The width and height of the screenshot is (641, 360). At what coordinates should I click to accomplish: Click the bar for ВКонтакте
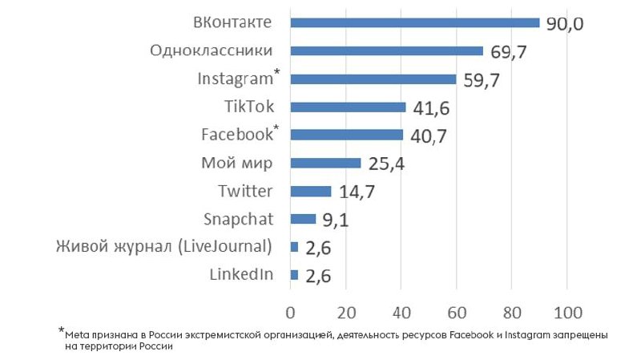(415, 22)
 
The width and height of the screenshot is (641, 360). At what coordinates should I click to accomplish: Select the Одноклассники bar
(387, 51)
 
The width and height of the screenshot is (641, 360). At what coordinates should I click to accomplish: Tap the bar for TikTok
(348, 107)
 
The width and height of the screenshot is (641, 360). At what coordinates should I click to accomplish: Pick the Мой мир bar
(325, 163)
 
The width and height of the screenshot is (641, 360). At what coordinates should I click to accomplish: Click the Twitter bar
(311, 191)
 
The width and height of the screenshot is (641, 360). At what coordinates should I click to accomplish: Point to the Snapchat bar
(303, 219)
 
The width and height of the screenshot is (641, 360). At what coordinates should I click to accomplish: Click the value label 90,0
(565, 23)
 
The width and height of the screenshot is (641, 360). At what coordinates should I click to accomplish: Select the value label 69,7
(509, 52)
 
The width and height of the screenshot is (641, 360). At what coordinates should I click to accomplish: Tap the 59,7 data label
(481, 80)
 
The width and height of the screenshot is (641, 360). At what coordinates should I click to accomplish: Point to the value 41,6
(431, 108)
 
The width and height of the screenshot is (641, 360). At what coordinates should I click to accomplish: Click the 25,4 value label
(386, 164)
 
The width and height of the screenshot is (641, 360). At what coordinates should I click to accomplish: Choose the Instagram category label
(235, 79)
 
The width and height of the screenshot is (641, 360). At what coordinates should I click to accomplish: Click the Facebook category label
(236, 135)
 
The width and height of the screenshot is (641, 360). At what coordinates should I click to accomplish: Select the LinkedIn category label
(241, 275)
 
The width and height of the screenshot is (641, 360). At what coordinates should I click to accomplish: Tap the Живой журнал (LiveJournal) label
(164, 246)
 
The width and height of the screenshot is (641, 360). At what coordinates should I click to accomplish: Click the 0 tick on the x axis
(291, 310)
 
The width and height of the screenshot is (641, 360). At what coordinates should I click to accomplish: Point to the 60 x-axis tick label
(457, 310)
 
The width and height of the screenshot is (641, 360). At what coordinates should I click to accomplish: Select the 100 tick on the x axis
(567, 310)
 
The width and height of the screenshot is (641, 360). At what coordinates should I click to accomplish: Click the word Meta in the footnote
(75, 333)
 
